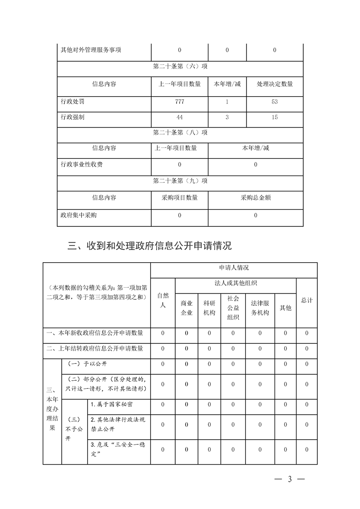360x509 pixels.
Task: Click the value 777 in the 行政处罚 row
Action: click(179, 102)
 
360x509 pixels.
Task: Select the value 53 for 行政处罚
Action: click(275, 102)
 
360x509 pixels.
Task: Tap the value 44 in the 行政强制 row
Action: click(179, 117)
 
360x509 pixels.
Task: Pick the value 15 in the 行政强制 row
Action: click(275, 117)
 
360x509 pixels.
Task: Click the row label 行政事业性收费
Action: click(82, 165)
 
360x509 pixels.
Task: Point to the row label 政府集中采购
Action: click(79, 215)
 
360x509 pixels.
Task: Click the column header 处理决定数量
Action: click(275, 84)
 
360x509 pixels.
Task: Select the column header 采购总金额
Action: click(256, 198)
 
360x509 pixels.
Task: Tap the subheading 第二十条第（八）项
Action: click(180, 133)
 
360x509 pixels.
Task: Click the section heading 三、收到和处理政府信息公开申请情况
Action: click(150, 246)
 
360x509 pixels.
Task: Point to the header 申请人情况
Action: click(234, 268)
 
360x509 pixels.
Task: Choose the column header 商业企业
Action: click(187, 308)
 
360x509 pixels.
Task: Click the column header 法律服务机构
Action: click(260, 308)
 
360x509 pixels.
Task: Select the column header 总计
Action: click(307, 300)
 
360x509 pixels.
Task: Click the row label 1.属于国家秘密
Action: click(112, 404)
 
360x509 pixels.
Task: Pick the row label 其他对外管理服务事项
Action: click(91, 50)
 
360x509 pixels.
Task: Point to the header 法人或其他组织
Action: click(236, 284)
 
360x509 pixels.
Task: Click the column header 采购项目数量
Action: click(179, 198)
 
